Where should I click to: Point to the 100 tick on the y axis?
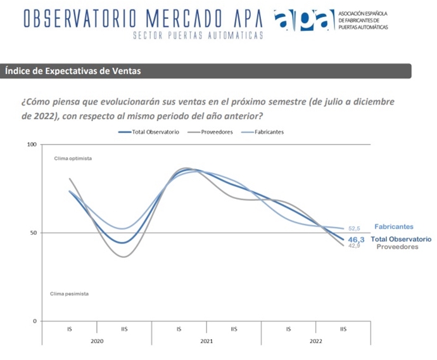[x=32, y=145]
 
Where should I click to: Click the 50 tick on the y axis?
[x=33, y=233]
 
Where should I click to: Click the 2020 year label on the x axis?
[x=96, y=341]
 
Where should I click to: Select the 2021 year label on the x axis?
[x=206, y=341]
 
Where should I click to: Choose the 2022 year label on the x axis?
[x=316, y=341]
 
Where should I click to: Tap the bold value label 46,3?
[x=357, y=239]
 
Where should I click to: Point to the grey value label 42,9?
[x=354, y=246]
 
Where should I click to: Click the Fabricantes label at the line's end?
[x=393, y=226]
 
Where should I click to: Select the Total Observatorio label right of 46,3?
[x=401, y=239]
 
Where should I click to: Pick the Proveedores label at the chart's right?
[x=397, y=247]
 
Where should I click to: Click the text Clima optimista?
[x=73, y=158]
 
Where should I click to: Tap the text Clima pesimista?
[x=69, y=293]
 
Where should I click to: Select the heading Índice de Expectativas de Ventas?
[x=73, y=71]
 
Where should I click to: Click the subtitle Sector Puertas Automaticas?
[x=198, y=36]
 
